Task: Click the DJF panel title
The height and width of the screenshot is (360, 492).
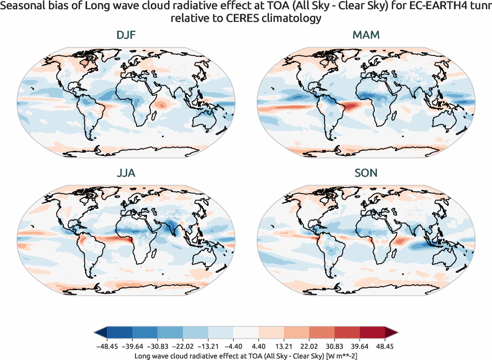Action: (125, 36)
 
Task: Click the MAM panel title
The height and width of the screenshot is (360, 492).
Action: (366, 36)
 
